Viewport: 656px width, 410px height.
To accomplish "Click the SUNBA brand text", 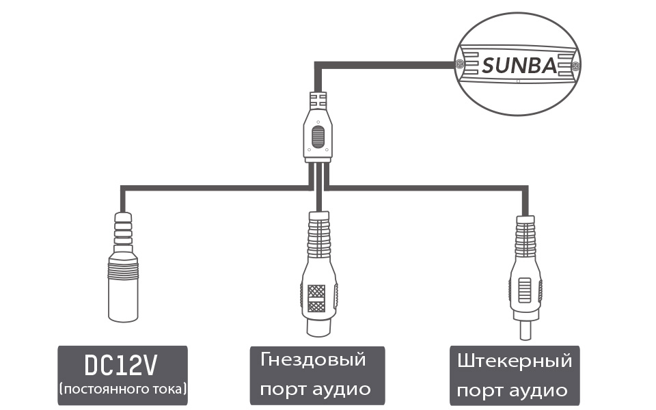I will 517,66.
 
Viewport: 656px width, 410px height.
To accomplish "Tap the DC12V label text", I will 121,366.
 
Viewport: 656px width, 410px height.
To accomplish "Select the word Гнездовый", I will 313,359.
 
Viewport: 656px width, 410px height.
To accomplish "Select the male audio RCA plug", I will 525,287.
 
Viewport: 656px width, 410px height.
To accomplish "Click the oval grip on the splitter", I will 318,136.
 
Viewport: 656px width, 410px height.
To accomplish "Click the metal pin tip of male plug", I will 525,331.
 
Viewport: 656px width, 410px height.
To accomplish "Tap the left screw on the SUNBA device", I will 460,64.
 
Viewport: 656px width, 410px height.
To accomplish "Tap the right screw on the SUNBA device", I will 575,66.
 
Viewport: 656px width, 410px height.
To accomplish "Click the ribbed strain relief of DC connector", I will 123,229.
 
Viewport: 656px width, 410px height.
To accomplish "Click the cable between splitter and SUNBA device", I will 383,65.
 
